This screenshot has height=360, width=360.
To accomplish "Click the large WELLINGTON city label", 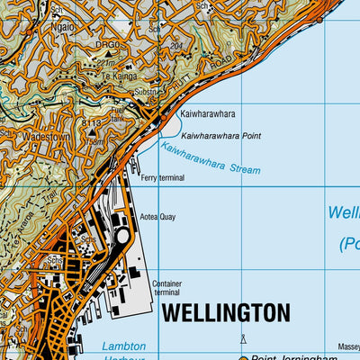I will click(x=226, y=312).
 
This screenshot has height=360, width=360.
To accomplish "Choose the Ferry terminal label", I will click(x=162, y=178).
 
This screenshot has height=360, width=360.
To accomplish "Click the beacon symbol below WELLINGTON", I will click(x=242, y=338).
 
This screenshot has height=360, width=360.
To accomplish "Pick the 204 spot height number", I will click(x=175, y=44).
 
